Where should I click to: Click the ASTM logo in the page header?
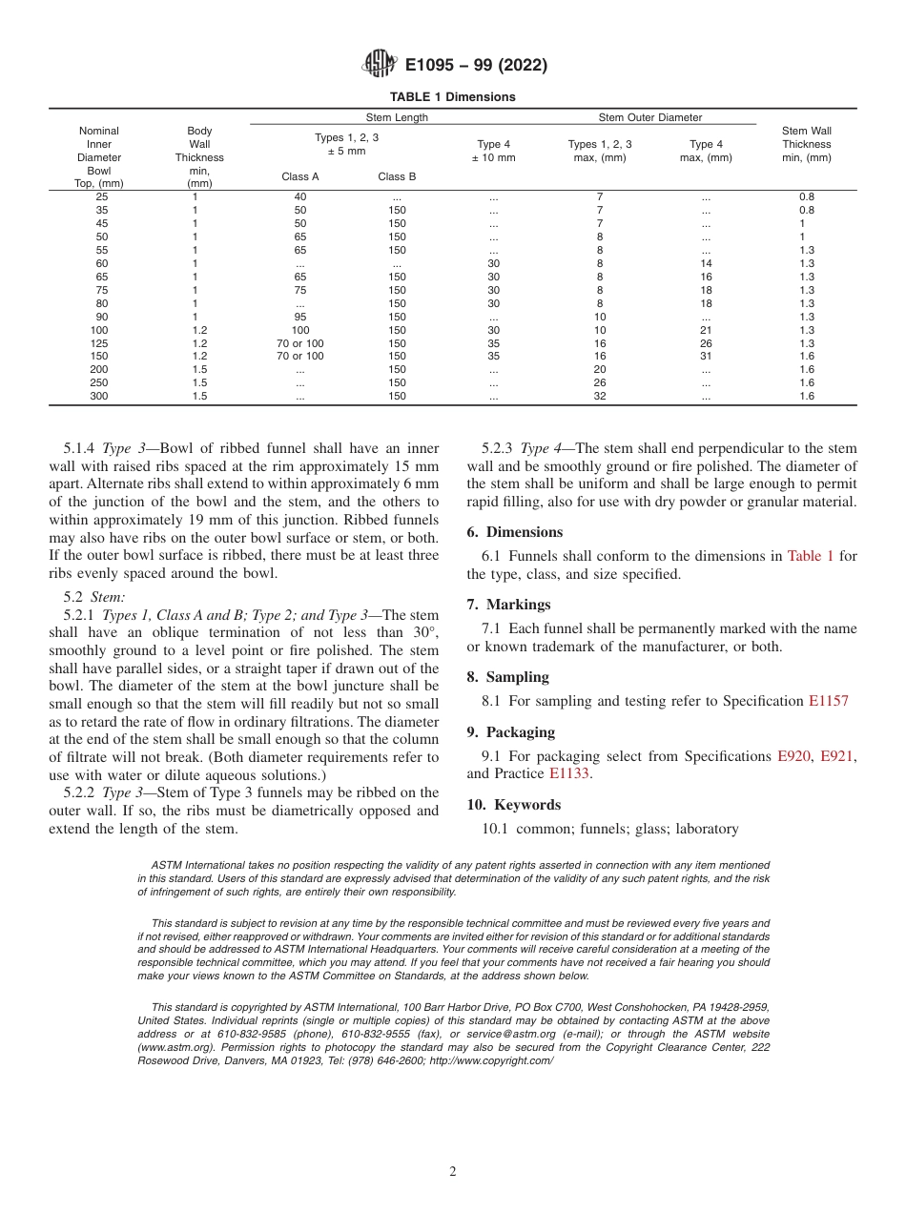379,65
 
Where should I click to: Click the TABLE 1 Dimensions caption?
452,96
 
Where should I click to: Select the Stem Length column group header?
397,117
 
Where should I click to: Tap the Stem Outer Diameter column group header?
649,117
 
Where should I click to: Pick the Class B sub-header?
397,176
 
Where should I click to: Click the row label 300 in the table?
99,396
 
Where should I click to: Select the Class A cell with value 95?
300,317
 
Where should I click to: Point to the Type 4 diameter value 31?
706,356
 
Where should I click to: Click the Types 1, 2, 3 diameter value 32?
600,396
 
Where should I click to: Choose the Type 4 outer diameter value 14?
706,263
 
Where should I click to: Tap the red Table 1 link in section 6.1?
810,556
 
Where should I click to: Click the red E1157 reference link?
828,701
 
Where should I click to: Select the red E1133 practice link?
569,773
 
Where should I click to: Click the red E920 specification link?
793,755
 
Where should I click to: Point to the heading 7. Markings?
508,605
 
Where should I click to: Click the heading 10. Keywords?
513,805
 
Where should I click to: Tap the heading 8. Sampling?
507,677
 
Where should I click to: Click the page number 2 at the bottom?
453,1172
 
